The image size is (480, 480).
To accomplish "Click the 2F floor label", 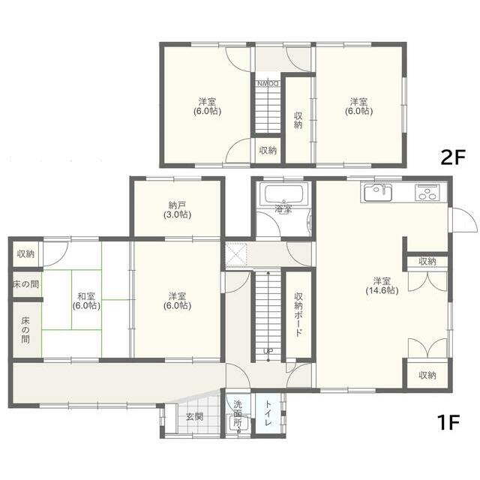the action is click(x=453, y=157).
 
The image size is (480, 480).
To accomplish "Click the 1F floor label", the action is click(x=448, y=422).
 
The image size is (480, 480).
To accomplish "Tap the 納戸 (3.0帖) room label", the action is click(x=177, y=210).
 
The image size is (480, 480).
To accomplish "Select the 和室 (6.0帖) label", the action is click(x=86, y=301).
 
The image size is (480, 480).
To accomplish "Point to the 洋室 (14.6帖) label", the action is click(x=382, y=286).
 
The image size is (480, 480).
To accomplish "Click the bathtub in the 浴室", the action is click(x=283, y=194).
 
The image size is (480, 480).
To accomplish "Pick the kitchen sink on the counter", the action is click(x=377, y=193).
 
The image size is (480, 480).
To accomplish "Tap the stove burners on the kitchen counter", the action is click(x=427, y=193).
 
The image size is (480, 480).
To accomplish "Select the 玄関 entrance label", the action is click(x=194, y=417).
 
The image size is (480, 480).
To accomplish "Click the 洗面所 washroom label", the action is click(x=238, y=413).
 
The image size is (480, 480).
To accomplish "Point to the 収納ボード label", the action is click(x=298, y=314).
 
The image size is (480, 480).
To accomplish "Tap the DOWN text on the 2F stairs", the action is click(x=268, y=83).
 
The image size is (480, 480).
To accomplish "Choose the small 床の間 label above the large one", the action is click(x=25, y=284).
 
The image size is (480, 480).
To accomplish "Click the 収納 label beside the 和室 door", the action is click(x=25, y=253).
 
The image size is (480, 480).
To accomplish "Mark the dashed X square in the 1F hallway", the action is click(x=236, y=254).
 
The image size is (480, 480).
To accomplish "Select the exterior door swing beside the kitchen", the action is click(x=464, y=220).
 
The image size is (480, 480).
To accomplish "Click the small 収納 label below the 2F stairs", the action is click(x=268, y=150).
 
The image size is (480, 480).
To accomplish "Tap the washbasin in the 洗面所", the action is click(x=238, y=424).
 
